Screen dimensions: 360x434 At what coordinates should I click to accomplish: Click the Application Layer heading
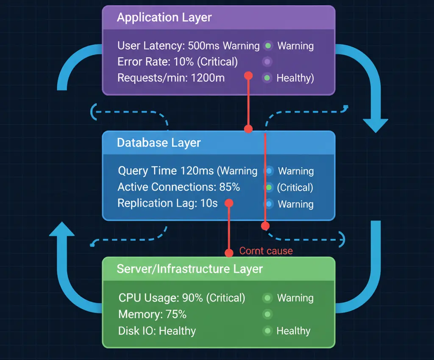[164, 18]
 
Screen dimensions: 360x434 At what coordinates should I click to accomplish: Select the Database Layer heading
[159, 143]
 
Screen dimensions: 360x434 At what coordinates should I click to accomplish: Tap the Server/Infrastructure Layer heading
[189, 269]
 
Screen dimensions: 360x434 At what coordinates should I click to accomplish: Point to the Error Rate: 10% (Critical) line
[177, 62]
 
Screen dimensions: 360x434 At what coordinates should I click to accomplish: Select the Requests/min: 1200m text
[171, 78]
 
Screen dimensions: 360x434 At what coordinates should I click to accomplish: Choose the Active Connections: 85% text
[178, 187]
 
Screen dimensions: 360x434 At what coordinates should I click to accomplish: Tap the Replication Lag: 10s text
[167, 203]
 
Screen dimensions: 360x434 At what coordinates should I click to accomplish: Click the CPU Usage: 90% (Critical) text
[181, 298]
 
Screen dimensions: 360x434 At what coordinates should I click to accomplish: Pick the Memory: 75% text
[152, 314]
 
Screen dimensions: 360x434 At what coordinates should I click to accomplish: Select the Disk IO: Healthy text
[157, 331]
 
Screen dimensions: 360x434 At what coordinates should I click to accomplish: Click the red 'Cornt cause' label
[266, 251]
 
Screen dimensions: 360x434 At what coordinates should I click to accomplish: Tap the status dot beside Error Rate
[267, 62]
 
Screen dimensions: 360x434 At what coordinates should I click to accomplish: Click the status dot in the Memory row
[267, 314]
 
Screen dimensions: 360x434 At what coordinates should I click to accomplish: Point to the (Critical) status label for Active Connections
[295, 187]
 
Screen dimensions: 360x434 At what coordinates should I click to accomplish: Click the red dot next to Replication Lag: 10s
[229, 203]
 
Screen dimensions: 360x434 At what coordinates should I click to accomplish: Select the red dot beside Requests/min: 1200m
[248, 76]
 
